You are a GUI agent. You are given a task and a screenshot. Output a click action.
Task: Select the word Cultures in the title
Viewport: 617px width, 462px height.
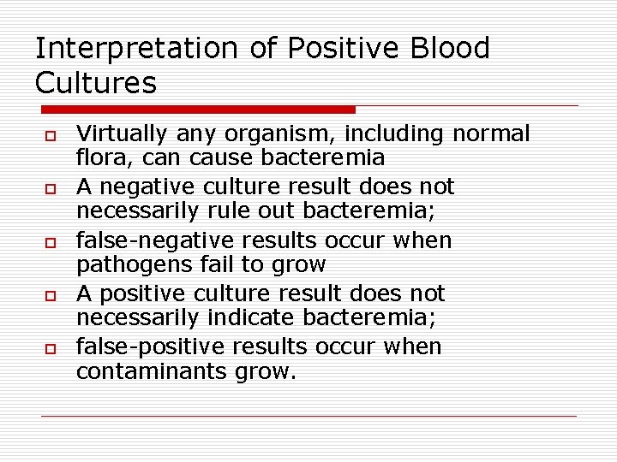[96, 83]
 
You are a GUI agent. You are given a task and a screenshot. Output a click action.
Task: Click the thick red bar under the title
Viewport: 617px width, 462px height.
[198, 110]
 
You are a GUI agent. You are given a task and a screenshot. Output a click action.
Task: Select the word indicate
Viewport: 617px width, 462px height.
[238, 319]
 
